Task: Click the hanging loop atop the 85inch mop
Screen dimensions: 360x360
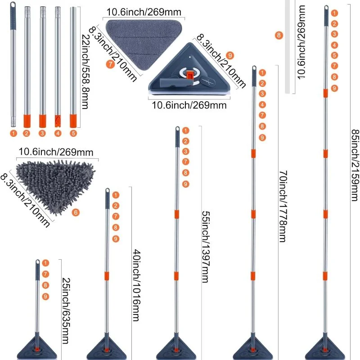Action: (x=326, y=9)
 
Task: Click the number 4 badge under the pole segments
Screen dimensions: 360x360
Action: (x=58, y=133)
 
